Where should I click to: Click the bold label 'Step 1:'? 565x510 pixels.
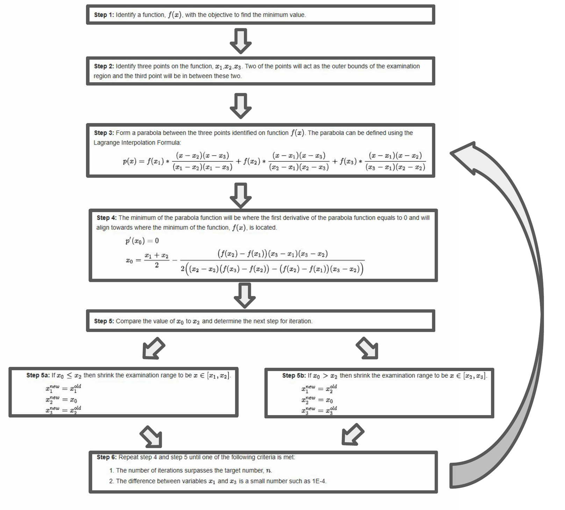(104, 15)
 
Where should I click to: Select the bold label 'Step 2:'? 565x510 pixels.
(104, 66)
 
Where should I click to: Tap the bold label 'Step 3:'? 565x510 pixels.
(104, 133)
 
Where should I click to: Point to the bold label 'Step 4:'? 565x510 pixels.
(107, 218)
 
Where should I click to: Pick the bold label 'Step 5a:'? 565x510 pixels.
(38, 375)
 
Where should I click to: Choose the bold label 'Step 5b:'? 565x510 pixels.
(294, 376)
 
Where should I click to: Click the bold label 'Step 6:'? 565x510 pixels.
(107, 457)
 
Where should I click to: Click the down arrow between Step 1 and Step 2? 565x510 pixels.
(241, 41)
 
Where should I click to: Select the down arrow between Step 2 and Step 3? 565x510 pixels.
(241, 105)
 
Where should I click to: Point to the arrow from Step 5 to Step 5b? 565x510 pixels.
(367, 349)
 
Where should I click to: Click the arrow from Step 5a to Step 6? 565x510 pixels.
(151, 436)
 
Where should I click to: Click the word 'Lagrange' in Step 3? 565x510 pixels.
(106, 142)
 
